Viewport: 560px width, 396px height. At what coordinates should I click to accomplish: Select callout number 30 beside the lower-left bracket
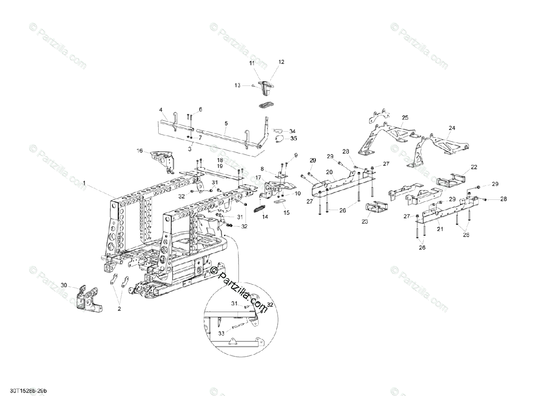click(x=64, y=284)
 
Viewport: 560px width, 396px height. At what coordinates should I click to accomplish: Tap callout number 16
click(x=139, y=150)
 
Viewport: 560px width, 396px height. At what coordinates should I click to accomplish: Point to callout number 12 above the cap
click(x=281, y=62)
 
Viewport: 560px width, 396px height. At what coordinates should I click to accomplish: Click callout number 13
click(x=237, y=85)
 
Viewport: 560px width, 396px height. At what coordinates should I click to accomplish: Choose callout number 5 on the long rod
click(x=226, y=123)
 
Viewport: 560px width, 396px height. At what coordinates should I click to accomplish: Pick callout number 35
click(x=294, y=138)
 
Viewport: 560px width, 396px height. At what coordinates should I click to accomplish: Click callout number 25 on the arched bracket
click(x=405, y=117)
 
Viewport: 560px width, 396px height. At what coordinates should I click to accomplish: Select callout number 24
click(x=452, y=127)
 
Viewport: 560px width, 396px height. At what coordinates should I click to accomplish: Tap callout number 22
click(x=474, y=167)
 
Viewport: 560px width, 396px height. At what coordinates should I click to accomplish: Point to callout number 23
click(x=365, y=222)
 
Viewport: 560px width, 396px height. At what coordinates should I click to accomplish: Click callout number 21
click(x=439, y=229)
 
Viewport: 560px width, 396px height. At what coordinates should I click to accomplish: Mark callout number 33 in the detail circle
click(x=221, y=333)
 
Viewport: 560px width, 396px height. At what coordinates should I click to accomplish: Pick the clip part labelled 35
click(x=279, y=138)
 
